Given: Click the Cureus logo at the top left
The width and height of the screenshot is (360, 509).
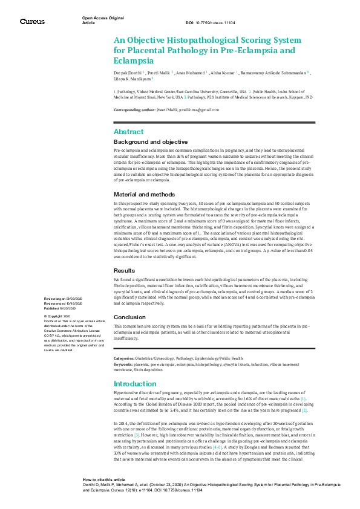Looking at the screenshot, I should coord(32,21).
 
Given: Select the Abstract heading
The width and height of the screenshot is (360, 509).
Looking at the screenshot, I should coord(128,131).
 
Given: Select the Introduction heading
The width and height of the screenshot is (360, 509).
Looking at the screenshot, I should coord(135,384).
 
